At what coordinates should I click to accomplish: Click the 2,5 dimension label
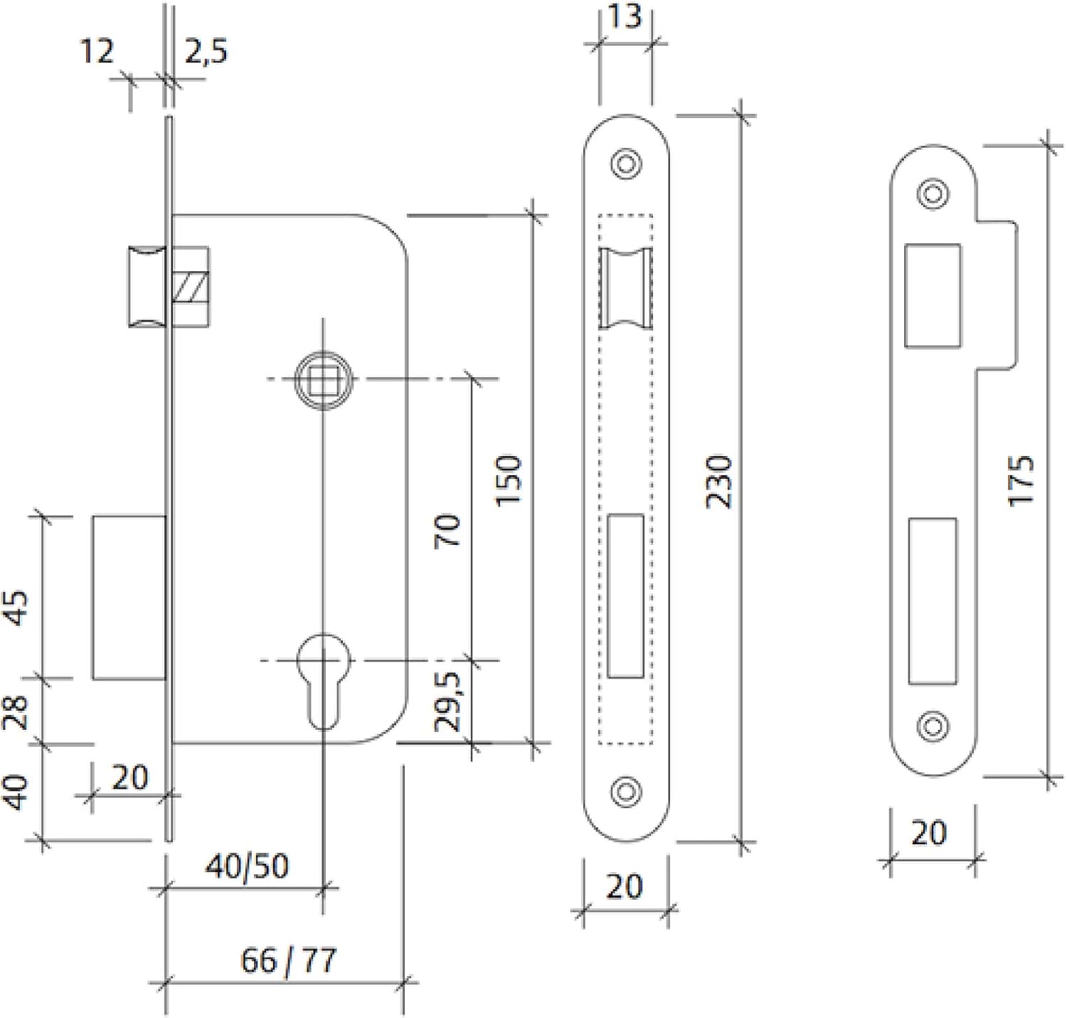206,52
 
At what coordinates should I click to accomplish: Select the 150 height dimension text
509,481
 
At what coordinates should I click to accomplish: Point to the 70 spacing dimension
447,531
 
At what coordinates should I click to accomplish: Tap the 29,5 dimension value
448,701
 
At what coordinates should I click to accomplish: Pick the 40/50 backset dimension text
247,866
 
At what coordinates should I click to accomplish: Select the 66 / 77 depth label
288,960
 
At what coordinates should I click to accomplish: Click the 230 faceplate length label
719,482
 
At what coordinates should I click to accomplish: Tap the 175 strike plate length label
1021,481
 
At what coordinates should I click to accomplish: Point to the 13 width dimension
625,16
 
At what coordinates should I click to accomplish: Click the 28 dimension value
16,713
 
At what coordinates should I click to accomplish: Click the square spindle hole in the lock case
323,380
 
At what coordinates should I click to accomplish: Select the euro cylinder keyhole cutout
323,680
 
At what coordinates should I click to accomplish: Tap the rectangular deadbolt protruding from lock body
129,598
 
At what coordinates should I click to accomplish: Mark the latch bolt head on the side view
147,287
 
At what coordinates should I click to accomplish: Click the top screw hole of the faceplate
626,164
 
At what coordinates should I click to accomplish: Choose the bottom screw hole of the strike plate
933,726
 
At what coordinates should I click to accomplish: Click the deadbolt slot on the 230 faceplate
626,595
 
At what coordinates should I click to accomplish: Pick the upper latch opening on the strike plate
933,296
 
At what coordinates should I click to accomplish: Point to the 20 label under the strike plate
929,833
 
